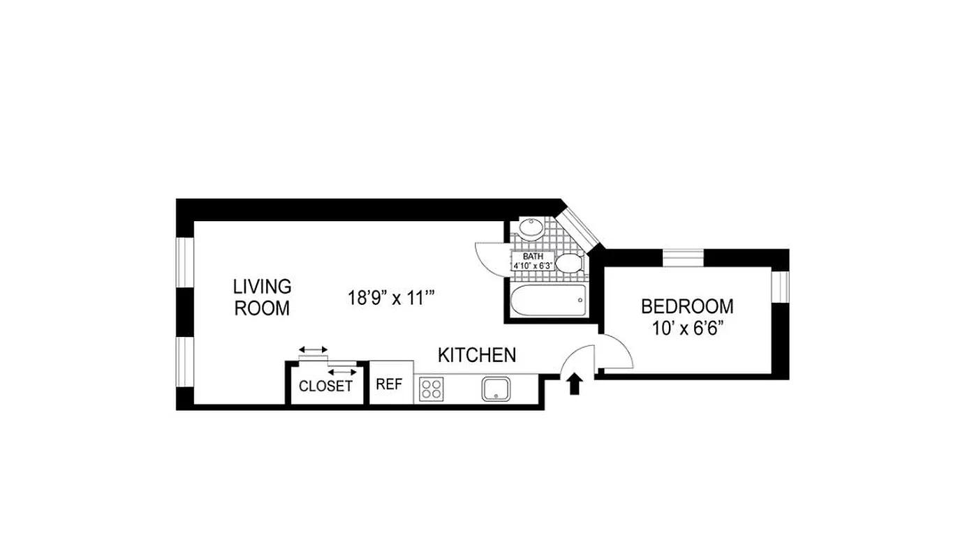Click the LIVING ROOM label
click(x=262, y=297)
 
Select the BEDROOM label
click(x=687, y=306)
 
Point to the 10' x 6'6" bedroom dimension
click(x=687, y=328)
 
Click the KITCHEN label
click(x=477, y=355)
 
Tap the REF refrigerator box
click(x=389, y=384)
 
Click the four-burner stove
click(x=431, y=389)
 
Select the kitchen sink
click(x=497, y=389)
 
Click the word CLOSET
click(x=325, y=386)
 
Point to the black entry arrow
click(x=575, y=384)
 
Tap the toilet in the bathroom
click(x=570, y=263)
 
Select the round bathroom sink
click(x=531, y=227)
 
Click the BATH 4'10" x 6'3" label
click(x=533, y=261)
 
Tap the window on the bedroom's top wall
click(x=682, y=257)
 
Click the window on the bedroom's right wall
click(x=780, y=286)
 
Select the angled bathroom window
click(x=581, y=227)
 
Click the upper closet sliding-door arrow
click(x=313, y=349)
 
